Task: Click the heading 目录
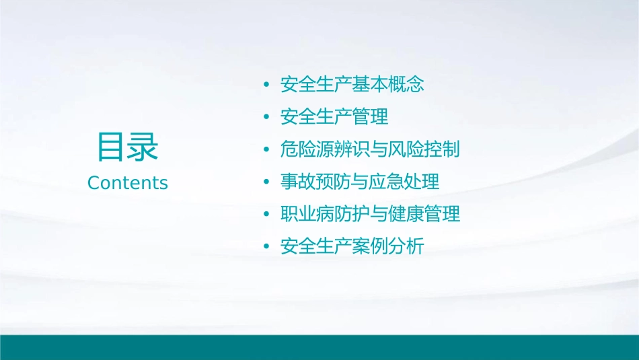[127, 147]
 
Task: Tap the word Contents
[127, 183]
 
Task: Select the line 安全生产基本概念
[352, 85]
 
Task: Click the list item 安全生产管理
[334, 117]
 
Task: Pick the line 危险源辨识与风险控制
[370, 149]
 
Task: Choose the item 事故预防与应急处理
[361, 182]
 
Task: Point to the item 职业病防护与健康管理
[371, 214]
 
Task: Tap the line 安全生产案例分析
[352, 246]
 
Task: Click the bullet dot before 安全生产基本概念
[267, 85]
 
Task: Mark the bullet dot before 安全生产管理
[267, 118]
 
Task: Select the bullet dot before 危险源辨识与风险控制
[267, 150]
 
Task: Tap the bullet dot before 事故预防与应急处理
[267, 182]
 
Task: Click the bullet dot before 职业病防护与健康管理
[267, 215]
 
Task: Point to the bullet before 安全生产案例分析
[267, 247]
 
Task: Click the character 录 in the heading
[143, 147]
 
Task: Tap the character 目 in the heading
[111, 147]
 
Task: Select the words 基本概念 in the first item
[388, 85]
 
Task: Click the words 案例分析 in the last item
[388, 246]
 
